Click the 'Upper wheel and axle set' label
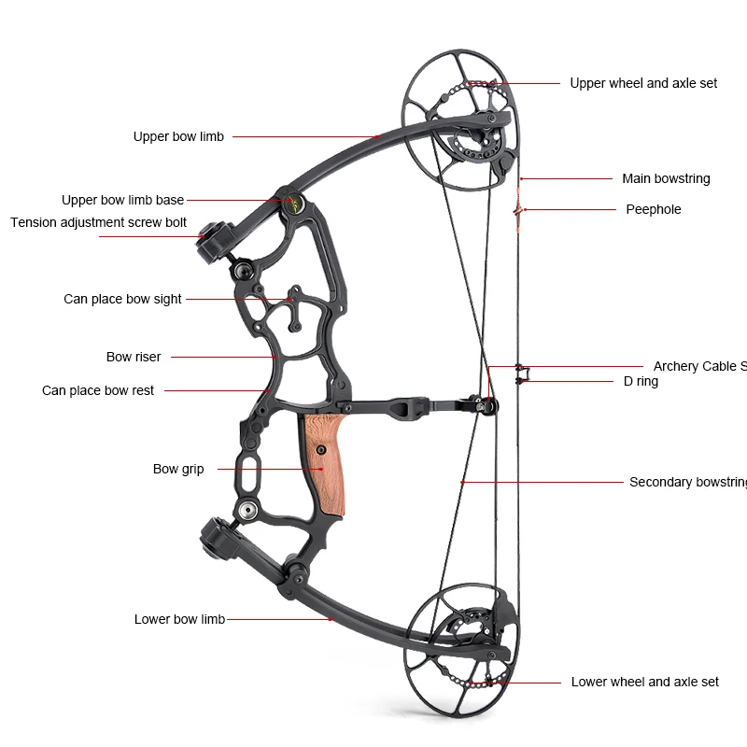coord(643,83)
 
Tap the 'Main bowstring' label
coord(666,178)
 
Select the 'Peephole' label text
coord(653,209)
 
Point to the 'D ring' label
coord(641,381)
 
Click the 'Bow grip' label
coord(178,469)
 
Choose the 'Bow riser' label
coord(134,357)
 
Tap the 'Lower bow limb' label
coord(179,619)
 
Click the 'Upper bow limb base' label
coord(122,200)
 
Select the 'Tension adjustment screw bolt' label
coord(98,222)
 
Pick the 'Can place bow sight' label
coord(122,299)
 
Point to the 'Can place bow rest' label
coord(98,390)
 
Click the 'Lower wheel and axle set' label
coord(644,682)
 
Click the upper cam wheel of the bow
coord(458,121)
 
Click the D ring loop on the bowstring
coord(521,374)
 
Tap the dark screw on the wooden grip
coord(320,449)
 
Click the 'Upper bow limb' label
coord(178,136)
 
